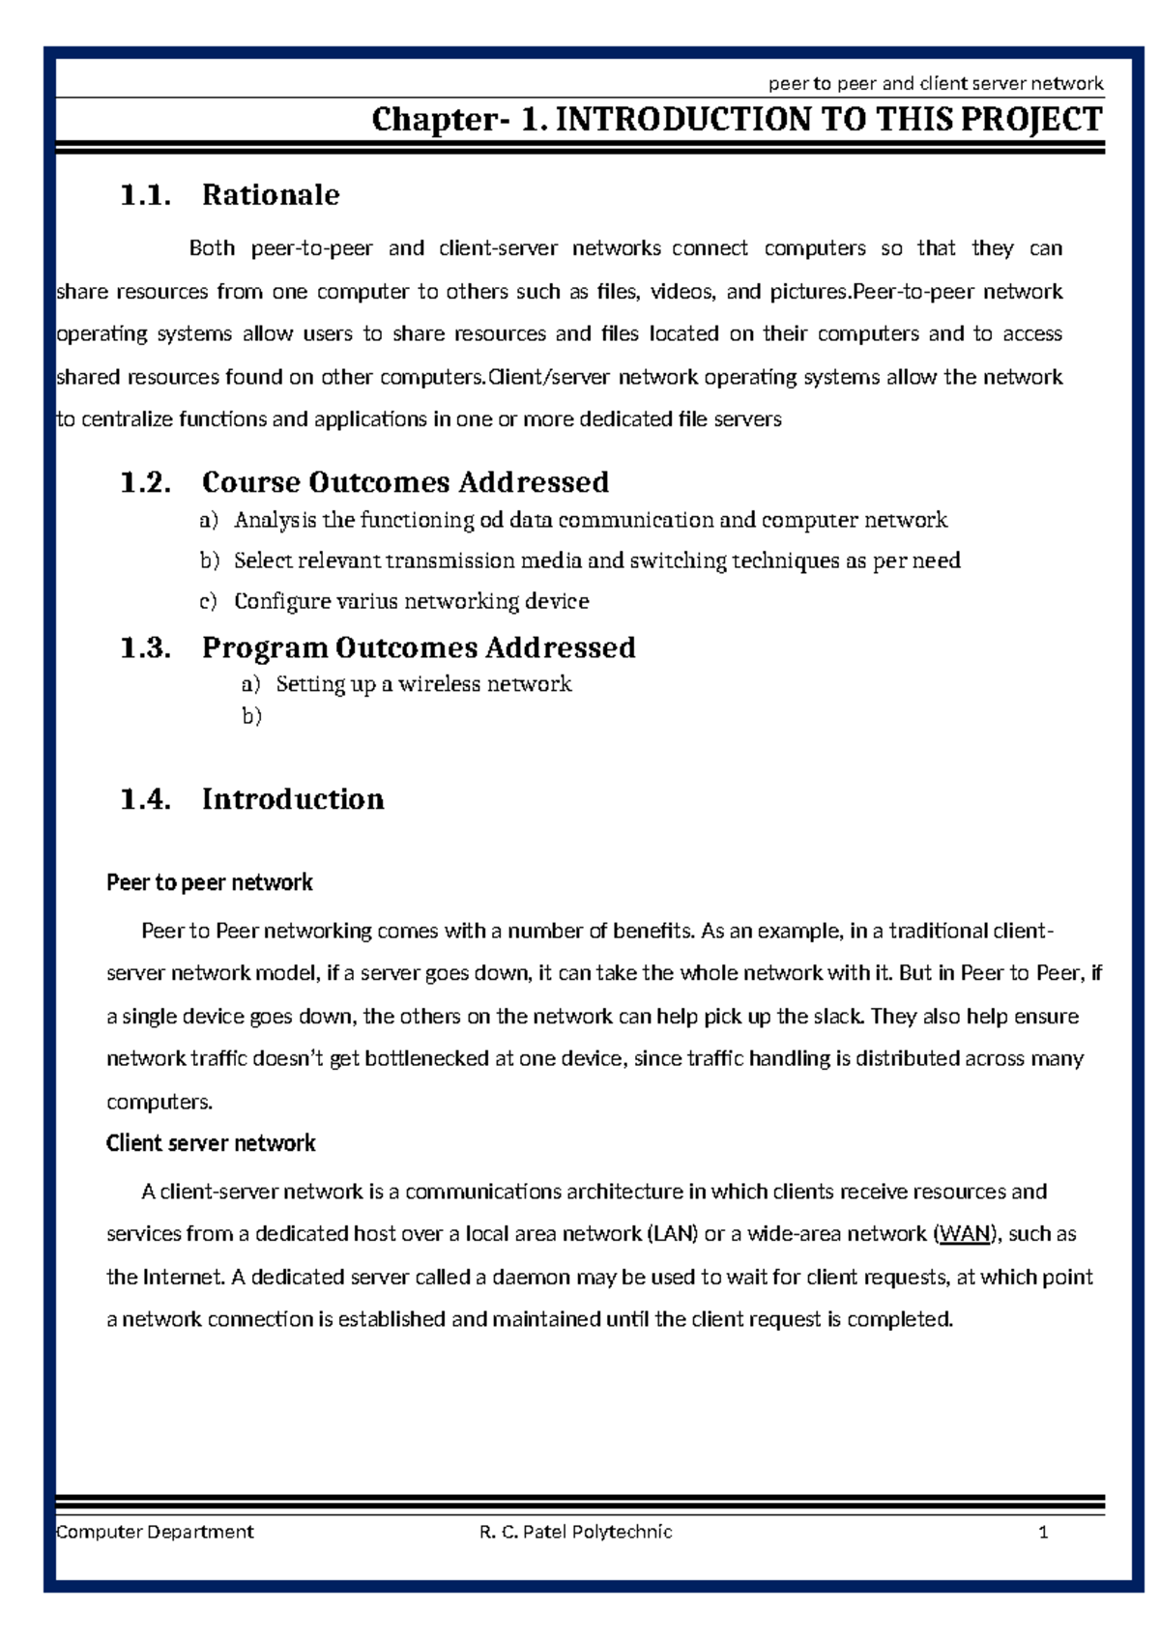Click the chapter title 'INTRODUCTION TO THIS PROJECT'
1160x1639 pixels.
coord(827,120)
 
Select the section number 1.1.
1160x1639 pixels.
coord(145,195)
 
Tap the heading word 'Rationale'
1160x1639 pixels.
coord(271,195)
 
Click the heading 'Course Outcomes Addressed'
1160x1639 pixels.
coord(405,482)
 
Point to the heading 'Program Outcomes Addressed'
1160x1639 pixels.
coord(419,647)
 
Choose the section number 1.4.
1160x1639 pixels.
coord(145,799)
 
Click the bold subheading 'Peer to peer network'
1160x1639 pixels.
coord(210,882)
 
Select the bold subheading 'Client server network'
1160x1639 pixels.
coord(211,1143)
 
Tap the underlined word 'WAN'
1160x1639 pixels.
coord(965,1234)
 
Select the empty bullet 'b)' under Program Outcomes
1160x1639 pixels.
coord(251,716)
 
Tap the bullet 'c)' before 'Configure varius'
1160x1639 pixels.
coord(208,601)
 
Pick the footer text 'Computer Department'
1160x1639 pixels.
coord(155,1532)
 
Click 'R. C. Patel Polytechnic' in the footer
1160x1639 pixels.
coord(575,1532)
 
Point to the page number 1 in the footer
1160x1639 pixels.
coord(1043,1532)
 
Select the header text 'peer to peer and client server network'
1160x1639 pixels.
coord(935,83)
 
